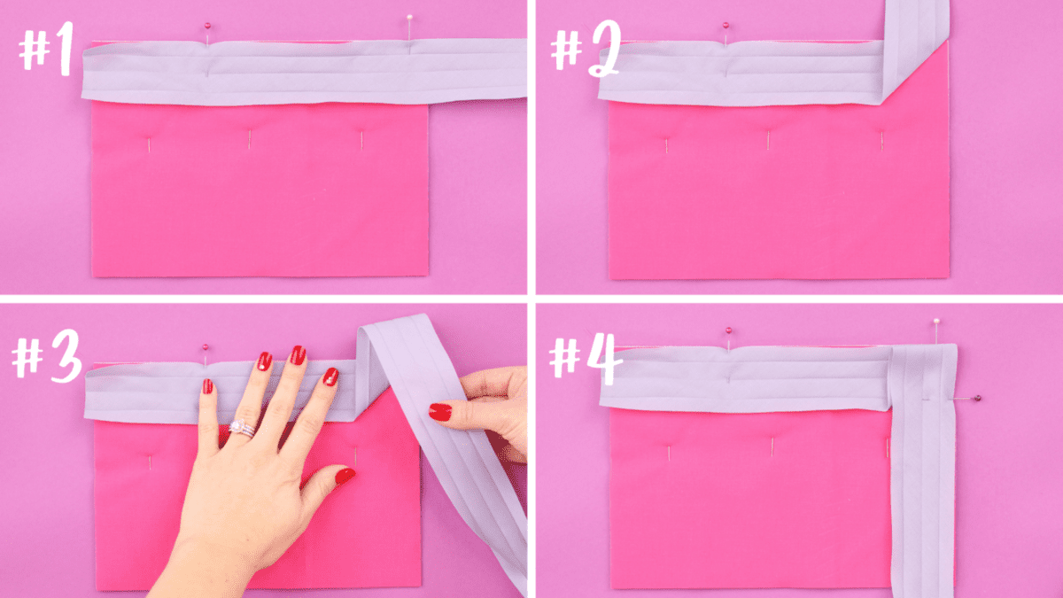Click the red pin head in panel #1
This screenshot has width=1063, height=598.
(x=207, y=26)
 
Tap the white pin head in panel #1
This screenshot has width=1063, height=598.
(x=409, y=17)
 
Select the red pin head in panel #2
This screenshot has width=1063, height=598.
(x=725, y=25)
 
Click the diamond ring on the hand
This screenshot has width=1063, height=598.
(x=240, y=428)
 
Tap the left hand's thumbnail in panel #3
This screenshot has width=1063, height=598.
(x=344, y=477)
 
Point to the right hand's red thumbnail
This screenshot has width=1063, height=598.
(x=440, y=412)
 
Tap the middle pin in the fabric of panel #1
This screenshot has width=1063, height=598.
(x=250, y=139)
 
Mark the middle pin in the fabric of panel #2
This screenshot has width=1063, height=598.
(x=768, y=139)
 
